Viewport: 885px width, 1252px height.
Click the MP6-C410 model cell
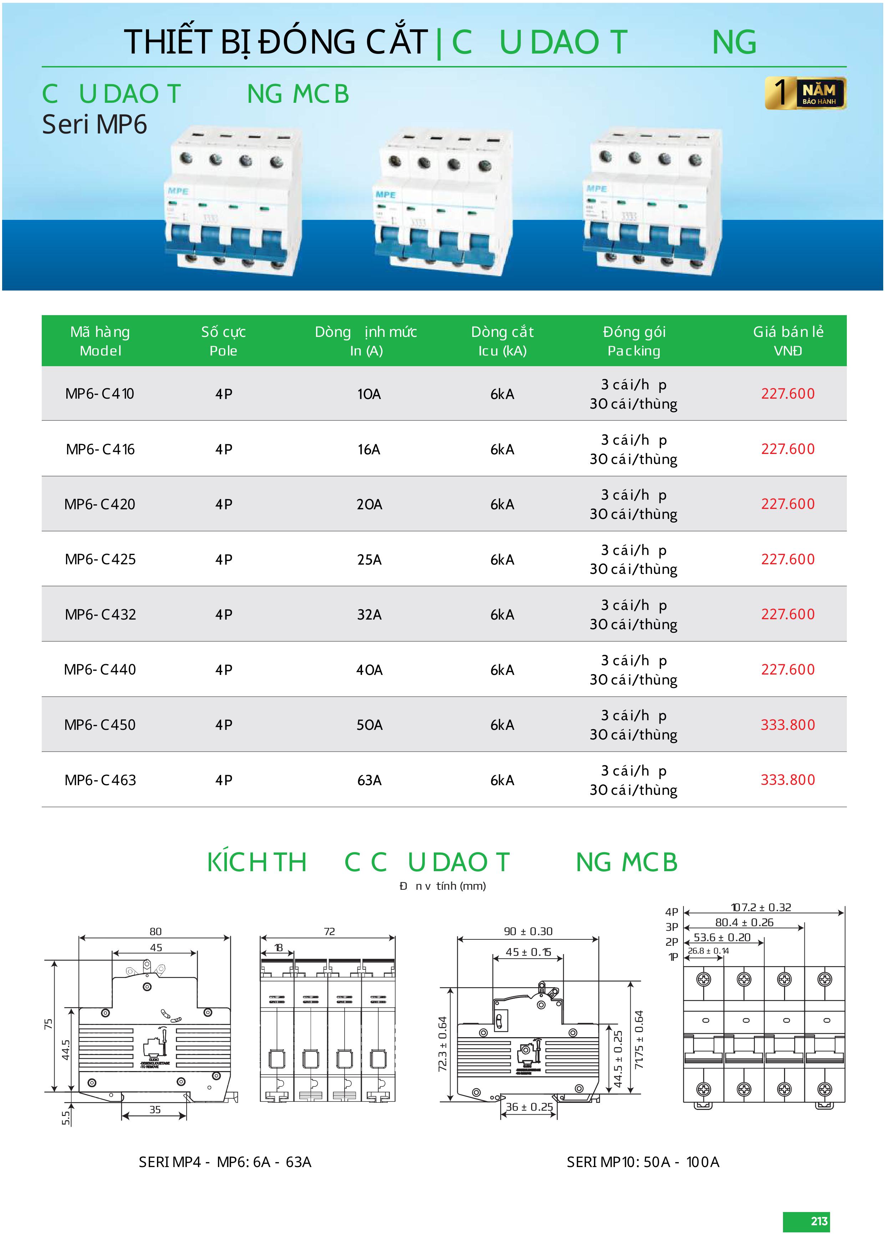100,394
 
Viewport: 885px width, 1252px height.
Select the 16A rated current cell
369,449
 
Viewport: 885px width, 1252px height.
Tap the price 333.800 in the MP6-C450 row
788,725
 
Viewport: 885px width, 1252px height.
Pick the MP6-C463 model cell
100,780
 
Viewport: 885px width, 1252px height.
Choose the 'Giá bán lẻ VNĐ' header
788,341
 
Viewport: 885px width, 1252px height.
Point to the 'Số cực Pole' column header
223,341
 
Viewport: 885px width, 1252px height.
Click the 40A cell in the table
369,670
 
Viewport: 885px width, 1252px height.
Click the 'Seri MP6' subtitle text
95,124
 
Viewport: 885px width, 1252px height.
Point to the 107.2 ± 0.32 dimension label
761,907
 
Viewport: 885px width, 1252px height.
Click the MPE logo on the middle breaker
386,195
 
